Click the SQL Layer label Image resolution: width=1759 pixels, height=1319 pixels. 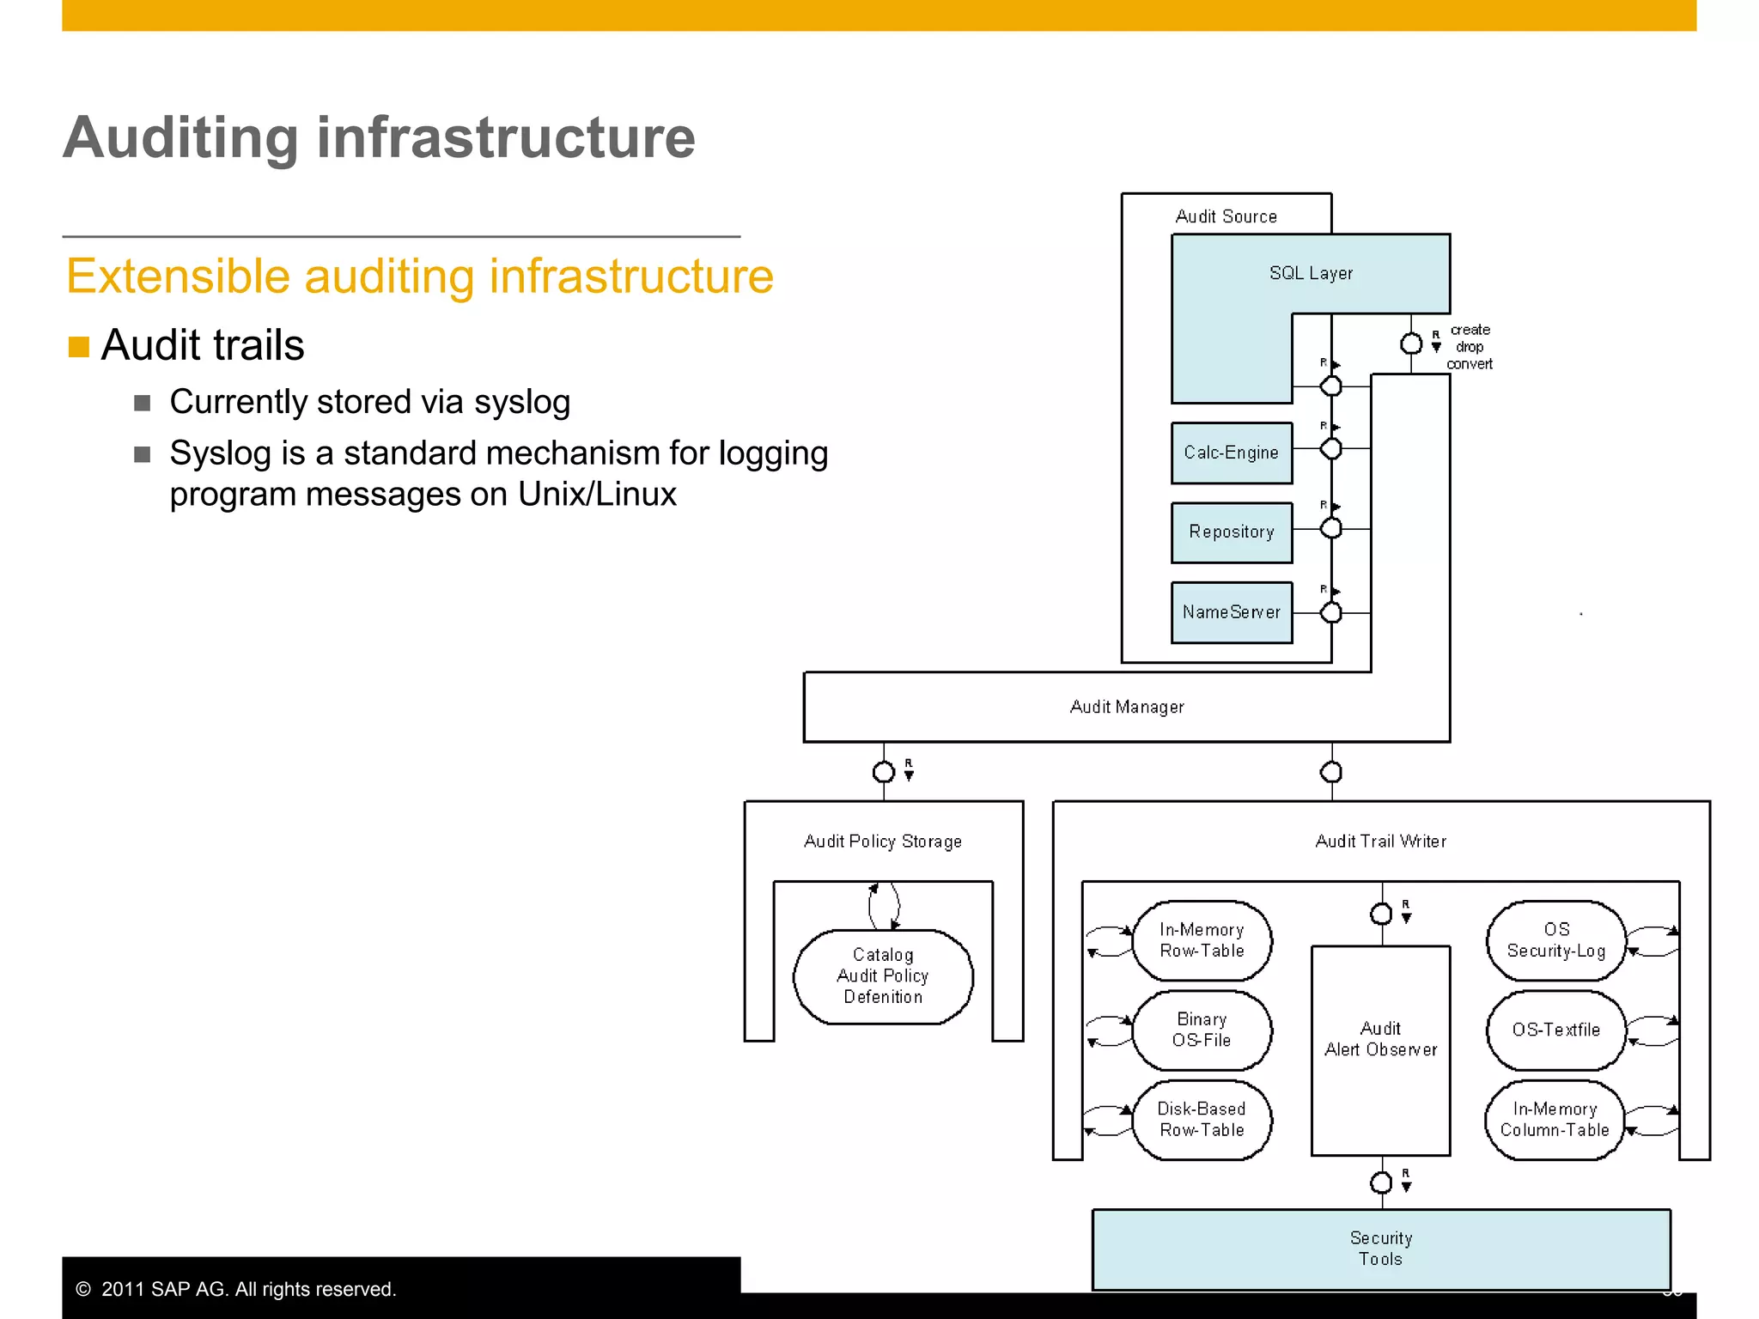1311,273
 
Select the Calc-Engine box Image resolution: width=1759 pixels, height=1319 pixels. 1231,453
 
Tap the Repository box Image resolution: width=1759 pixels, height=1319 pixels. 1231,532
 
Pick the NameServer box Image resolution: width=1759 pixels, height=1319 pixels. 1231,612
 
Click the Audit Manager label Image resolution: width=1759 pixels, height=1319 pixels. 1126,707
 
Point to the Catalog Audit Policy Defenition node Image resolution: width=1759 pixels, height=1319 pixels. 883,976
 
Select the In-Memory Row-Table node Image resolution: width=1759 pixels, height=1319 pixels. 1202,940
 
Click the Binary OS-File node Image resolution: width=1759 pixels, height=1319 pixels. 1202,1030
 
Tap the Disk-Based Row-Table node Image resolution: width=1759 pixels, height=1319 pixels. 1202,1120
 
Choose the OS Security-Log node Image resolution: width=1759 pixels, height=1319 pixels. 1555,940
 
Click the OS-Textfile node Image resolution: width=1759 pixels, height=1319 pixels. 1555,1030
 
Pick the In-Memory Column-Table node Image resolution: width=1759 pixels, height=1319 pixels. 1554,1120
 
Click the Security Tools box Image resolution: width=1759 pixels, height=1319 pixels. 1380,1249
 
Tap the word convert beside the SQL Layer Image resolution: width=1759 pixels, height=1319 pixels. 1469,364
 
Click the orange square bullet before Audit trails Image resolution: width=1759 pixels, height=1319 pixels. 79,347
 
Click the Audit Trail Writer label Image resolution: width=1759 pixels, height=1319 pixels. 1380,842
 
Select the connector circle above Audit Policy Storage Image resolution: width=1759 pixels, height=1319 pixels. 883,772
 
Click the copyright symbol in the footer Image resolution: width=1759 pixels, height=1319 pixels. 83,1289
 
